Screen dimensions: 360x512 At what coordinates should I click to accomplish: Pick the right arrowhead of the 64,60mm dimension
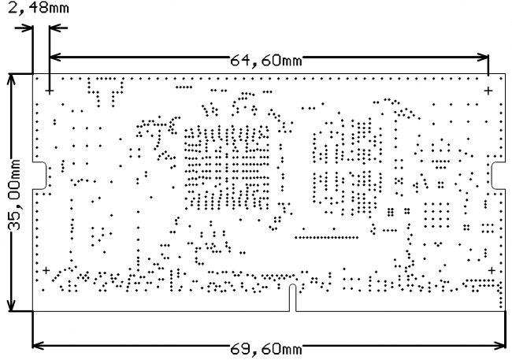click(x=484, y=57)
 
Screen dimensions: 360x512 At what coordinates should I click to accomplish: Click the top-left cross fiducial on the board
click(x=50, y=92)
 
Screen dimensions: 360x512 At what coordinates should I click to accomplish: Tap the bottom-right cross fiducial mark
click(x=492, y=271)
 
